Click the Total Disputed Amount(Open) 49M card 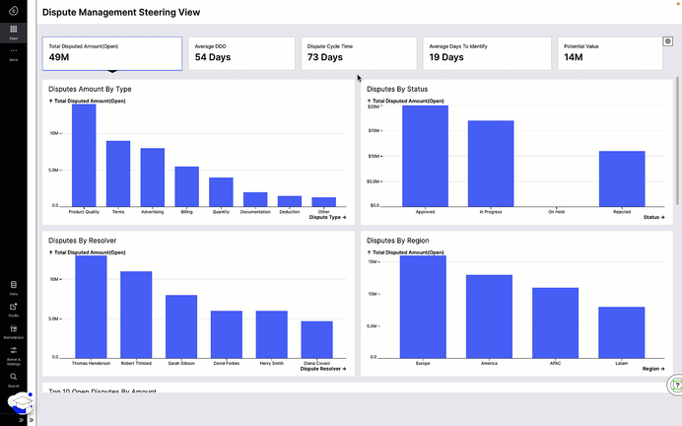tap(111, 54)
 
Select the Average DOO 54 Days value tap(214, 58)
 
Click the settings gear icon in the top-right tap(668, 41)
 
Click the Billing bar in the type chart tap(187, 186)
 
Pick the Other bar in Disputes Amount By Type tap(323, 201)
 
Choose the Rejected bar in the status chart tap(622, 178)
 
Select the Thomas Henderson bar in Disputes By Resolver tap(91, 306)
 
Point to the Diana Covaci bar tap(316, 339)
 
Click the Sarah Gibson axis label tap(181, 363)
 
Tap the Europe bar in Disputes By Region tap(424, 306)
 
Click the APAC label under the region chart tap(555, 363)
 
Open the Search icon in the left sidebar tap(14, 377)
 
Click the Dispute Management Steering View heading tap(120, 13)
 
